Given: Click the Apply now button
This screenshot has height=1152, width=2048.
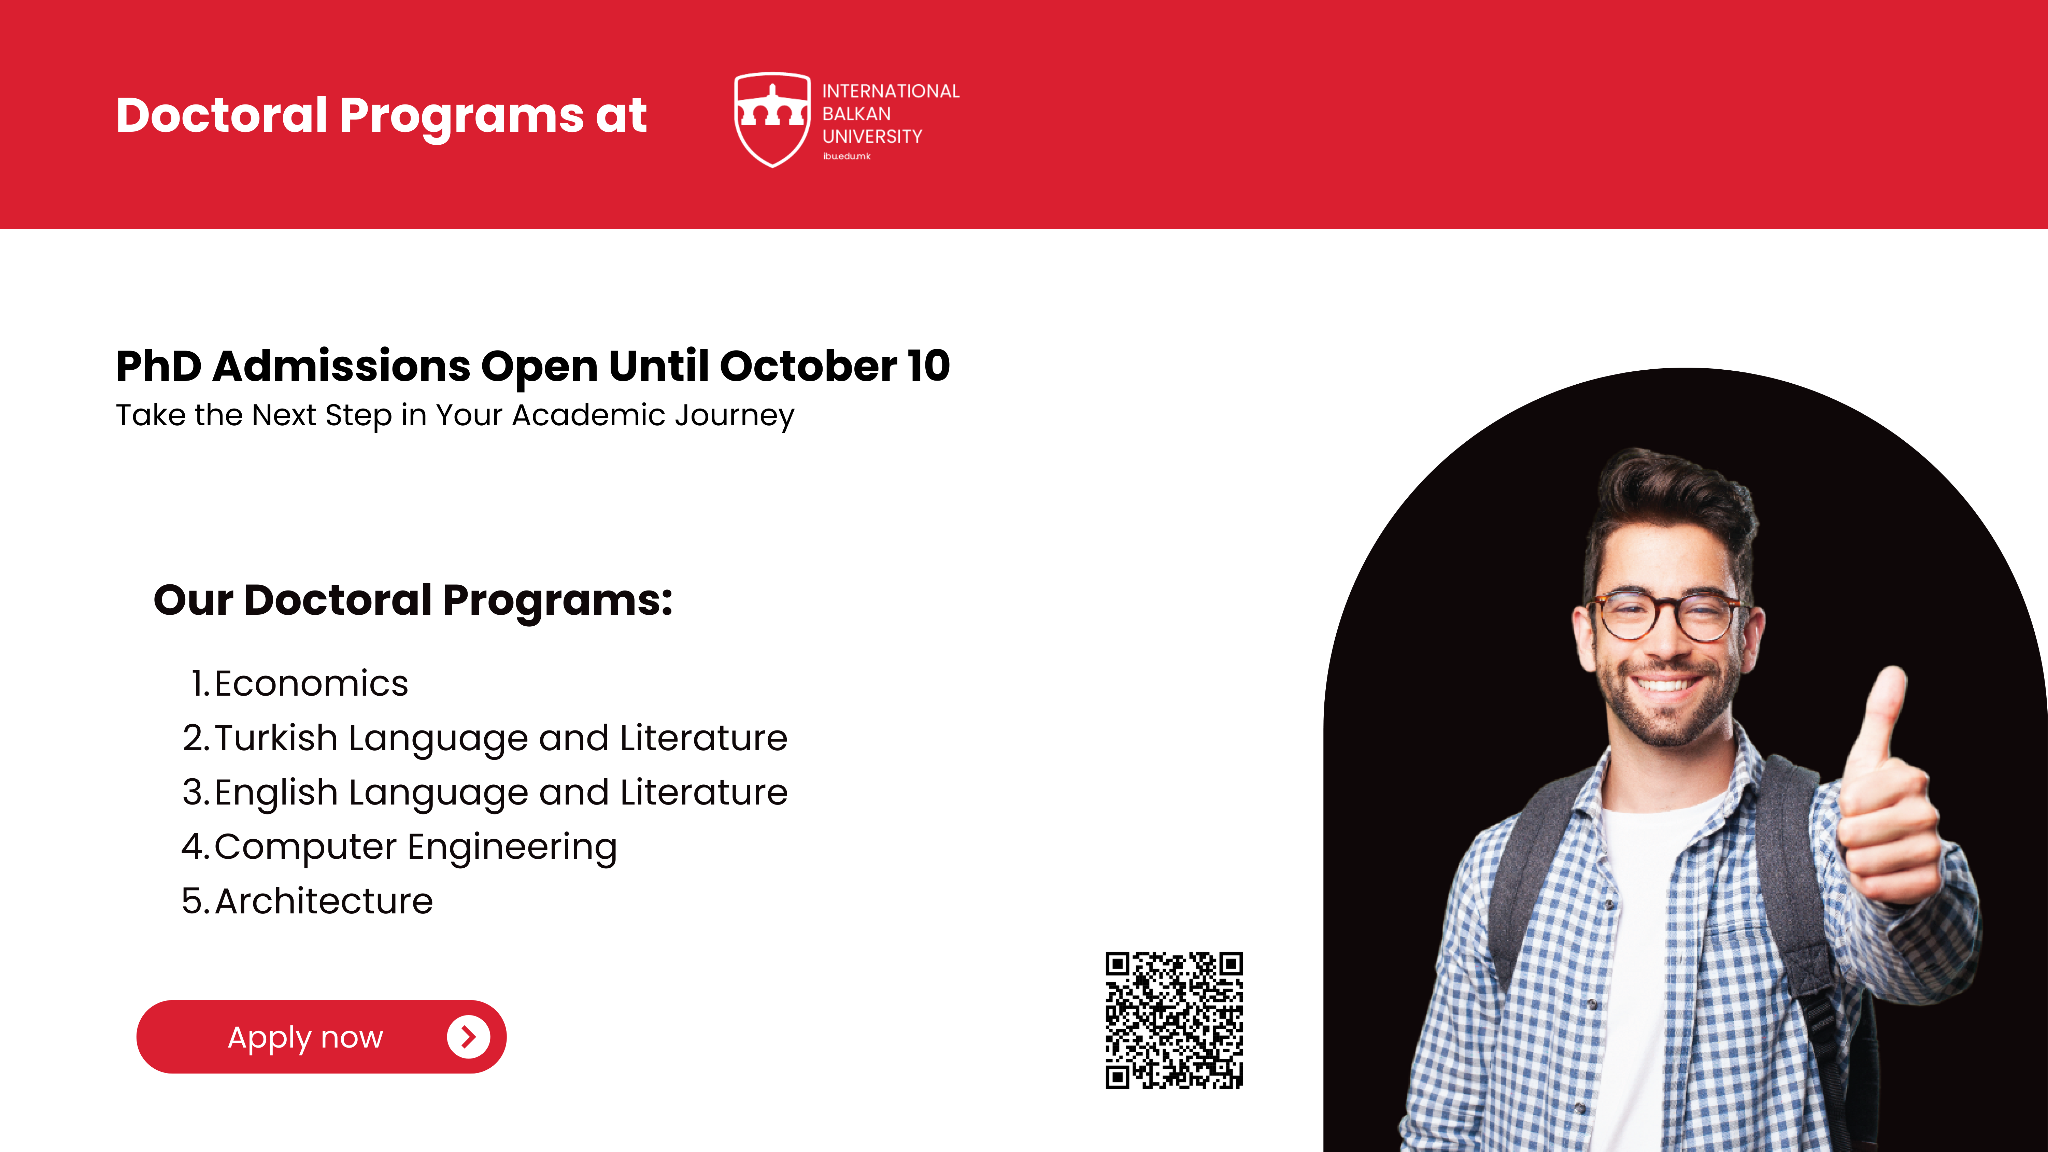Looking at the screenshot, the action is [x=321, y=1037].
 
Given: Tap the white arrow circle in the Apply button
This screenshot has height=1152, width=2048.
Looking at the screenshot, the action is [x=468, y=1037].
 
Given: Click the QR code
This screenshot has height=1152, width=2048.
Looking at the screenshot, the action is [x=1174, y=1020].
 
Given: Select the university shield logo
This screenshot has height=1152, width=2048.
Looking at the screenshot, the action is [x=772, y=119].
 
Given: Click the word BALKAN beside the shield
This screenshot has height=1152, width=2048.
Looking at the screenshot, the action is [x=856, y=114].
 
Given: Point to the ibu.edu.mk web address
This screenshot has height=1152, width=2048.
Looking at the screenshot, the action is [x=847, y=157].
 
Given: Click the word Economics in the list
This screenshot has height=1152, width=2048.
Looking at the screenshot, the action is [x=311, y=684].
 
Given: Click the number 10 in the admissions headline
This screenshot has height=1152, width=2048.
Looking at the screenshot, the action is [x=928, y=366].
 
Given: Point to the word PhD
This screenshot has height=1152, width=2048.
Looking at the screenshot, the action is [x=159, y=366].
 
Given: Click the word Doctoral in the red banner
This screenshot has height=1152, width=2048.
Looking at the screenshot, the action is [x=222, y=115].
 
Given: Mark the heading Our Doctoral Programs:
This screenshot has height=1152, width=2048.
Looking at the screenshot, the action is [x=413, y=600].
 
